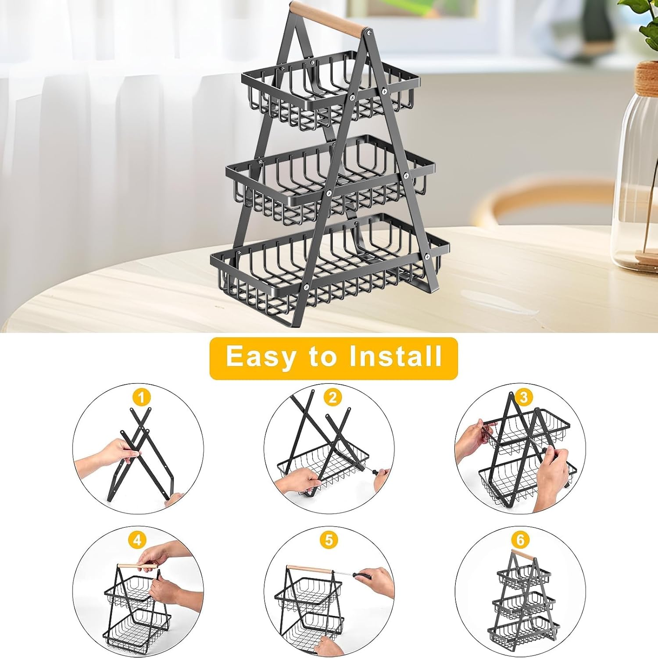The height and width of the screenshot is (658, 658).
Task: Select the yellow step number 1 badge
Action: (x=141, y=398)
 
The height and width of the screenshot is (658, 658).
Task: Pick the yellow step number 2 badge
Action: (x=333, y=397)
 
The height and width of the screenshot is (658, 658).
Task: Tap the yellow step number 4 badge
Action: (x=138, y=540)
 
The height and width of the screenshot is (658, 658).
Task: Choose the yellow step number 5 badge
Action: (x=329, y=540)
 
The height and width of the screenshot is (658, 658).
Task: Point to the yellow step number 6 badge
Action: (x=520, y=540)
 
